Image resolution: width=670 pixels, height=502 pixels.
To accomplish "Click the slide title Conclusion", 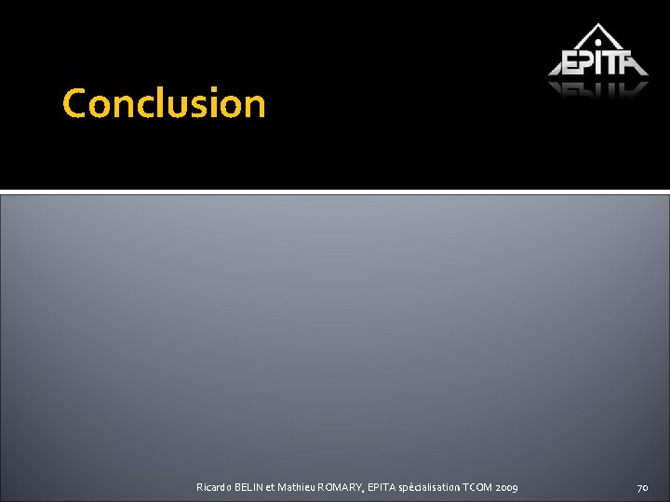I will pyautogui.click(x=164, y=103).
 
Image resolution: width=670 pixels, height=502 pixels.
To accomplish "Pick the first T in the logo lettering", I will pyautogui.click(x=614, y=62).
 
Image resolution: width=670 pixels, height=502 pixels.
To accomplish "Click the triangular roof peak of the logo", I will pyautogui.click(x=598, y=28).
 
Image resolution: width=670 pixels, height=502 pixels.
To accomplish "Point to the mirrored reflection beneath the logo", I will pyautogui.click(x=598, y=89).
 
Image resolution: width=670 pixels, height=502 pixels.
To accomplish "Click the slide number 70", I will pyautogui.click(x=642, y=488).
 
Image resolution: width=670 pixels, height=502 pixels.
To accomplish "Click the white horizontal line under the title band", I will pyautogui.click(x=335, y=192).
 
